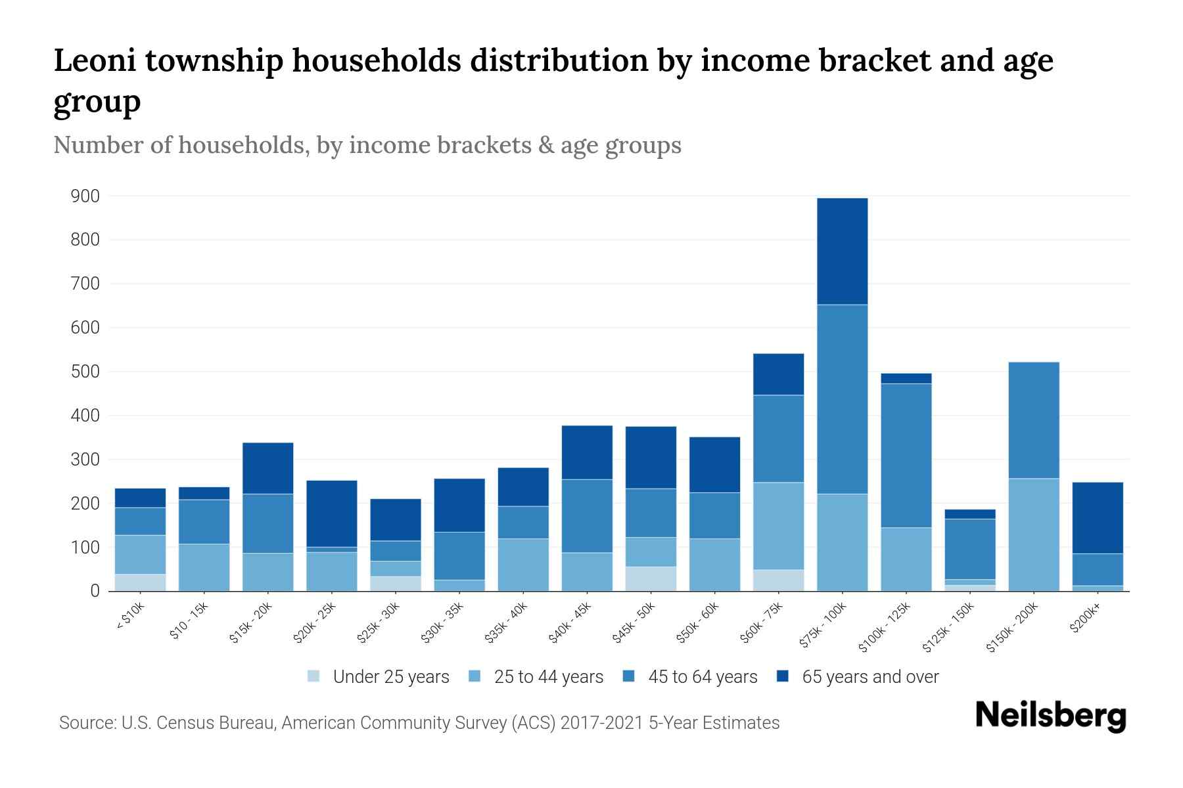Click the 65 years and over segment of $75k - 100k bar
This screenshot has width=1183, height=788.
842,251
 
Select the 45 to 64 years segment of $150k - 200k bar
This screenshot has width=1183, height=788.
1033,420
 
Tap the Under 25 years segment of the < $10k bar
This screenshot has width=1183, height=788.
140,582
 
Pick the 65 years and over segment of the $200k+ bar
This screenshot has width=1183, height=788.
1097,517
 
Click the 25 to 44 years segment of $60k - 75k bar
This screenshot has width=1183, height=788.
778,525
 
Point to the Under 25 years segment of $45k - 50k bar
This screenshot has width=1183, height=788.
651,579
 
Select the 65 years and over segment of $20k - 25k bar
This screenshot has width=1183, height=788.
332,514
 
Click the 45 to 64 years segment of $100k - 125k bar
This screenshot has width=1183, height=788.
906,455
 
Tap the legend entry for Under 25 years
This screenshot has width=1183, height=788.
378,676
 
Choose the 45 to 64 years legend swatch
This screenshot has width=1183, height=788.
629,676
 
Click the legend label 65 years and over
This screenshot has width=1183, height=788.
870,676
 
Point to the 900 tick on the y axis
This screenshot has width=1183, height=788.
85,196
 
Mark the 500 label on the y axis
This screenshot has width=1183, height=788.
85,372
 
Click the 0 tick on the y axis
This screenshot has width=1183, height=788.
95,591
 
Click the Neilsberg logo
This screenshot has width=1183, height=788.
1050,716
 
